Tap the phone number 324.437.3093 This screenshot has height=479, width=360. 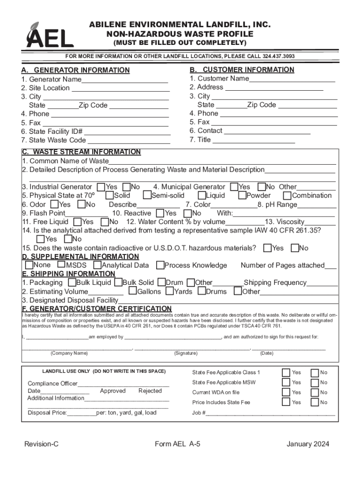tap(279, 56)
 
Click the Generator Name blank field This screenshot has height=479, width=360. tap(124, 80)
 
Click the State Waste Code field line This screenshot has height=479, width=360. tap(129, 140)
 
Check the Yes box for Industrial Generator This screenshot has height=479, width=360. tap(101, 187)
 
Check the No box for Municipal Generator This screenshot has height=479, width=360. tap(262, 187)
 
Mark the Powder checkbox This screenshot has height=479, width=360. tap(242, 196)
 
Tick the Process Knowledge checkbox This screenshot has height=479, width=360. tap(160, 266)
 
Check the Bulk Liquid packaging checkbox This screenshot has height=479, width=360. tap(72, 283)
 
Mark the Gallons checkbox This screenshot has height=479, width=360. tap(133, 291)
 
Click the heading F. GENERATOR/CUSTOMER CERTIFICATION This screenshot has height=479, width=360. tap(97, 309)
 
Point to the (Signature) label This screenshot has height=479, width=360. tap(186, 353)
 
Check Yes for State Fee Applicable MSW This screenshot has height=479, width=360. tap(285, 383)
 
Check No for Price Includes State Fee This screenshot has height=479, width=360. tap(313, 402)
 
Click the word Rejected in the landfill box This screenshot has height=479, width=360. tap(150, 391)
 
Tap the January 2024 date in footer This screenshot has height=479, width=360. tap(308, 444)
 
